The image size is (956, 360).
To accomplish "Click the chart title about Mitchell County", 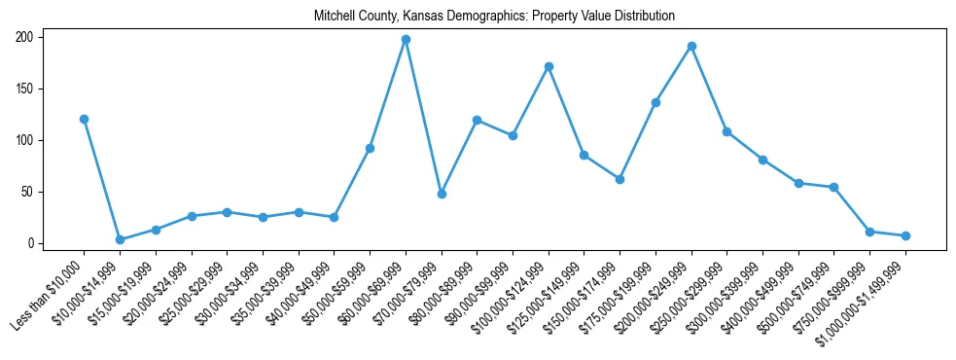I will coord(494,16).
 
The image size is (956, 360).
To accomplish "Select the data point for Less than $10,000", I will coord(84,119).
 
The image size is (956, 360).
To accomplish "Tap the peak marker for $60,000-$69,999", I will coord(406,40).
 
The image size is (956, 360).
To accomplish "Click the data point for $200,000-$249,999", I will coord(691,46).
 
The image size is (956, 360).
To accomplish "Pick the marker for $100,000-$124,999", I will coord(549,66).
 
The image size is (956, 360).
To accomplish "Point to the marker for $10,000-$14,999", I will coord(120,239).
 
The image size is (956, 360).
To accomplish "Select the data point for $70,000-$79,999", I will coord(442,194).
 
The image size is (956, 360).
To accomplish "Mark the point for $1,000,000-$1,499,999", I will coord(905,235).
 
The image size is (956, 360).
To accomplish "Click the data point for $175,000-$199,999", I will coord(655,102).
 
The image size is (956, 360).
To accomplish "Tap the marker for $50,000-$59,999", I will coord(370,148).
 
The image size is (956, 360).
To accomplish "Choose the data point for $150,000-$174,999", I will coord(620,179).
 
